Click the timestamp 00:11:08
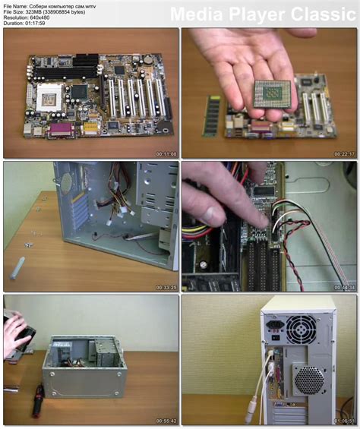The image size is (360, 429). [166, 154]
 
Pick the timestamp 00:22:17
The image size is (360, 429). [344, 154]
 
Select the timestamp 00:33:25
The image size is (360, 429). [166, 287]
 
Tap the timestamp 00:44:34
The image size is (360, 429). [344, 287]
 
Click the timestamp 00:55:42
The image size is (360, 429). [166, 419]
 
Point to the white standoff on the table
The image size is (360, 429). [17, 267]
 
